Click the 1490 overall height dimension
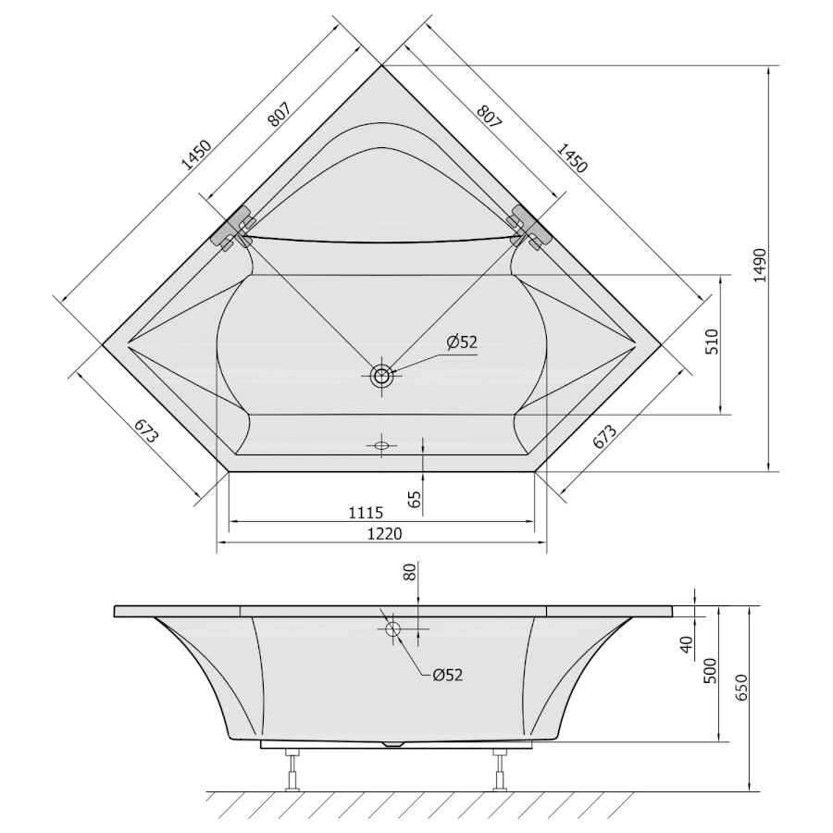coord(760,265)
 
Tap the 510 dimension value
coord(713,342)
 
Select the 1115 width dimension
coord(366,513)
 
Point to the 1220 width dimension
coord(385,533)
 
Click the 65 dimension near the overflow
coord(415,499)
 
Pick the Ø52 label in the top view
coord(462,342)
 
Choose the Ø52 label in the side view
coord(448,676)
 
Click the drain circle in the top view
coord(381,376)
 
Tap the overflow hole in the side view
coord(393,629)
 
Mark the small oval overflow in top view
coord(381,445)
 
